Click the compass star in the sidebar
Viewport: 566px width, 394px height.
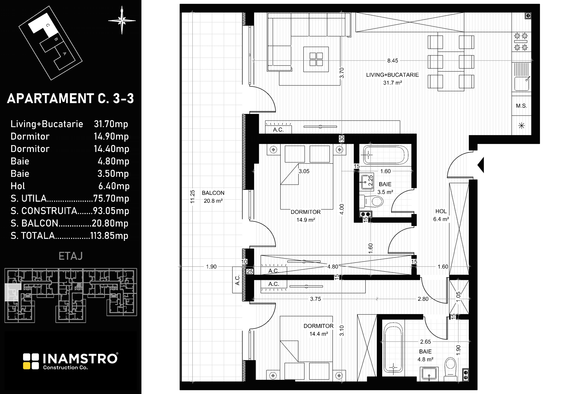(122, 20)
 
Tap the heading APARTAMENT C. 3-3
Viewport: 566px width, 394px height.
(70, 98)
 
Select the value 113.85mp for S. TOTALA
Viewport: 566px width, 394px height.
(109, 236)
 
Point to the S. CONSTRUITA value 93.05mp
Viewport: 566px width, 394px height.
(111, 211)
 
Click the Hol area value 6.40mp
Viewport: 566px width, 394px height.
(114, 186)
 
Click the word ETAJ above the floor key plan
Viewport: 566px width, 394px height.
(71, 256)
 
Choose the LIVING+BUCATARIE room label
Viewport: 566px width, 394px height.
(392, 75)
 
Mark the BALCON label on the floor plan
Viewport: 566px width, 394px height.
(213, 193)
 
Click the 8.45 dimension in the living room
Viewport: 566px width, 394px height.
(393, 61)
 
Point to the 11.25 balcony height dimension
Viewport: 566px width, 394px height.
(192, 197)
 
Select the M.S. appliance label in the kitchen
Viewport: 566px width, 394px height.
(521, 106)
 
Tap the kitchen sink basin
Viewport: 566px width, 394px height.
(522, 84)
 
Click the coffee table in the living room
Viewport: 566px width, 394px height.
(316, 59)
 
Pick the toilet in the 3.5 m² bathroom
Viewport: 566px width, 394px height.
(371, 201)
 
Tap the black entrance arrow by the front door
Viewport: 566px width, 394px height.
(481, 165)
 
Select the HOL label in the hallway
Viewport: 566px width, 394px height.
(441, 211)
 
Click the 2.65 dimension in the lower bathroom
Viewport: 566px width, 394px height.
(426, 342)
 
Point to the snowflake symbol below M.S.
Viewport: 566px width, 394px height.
(521, 126)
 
